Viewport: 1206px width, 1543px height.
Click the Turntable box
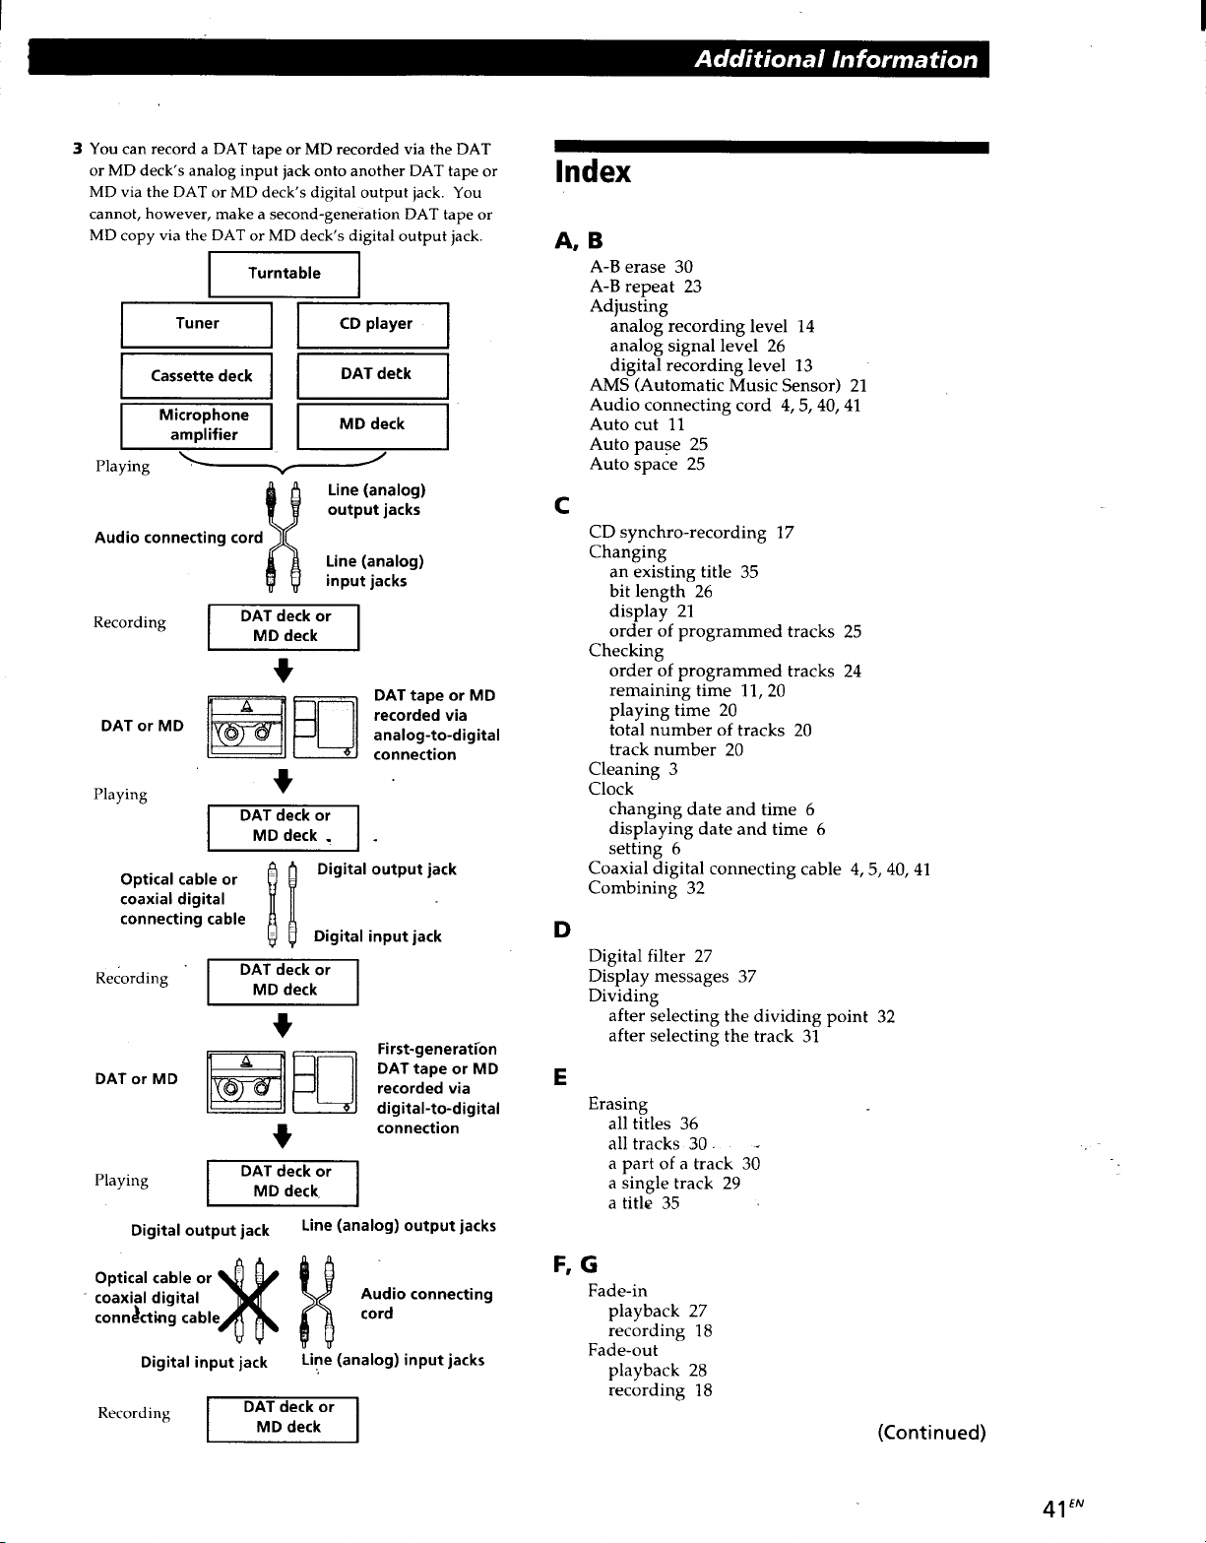coord(284,274)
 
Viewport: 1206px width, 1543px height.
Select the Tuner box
coord(197,325)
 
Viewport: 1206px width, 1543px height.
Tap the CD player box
coord(373,325)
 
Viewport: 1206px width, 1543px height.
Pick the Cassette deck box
coord(197,375)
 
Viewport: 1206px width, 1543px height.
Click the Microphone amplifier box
coord(197,426)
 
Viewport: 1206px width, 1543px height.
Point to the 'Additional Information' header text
coord(836,59)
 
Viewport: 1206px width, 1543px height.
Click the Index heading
coord(593,172)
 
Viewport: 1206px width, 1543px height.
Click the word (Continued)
coord(931,1433)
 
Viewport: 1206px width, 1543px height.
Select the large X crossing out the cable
coord(248,1302)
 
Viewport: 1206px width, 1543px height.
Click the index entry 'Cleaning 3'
coord(632,769)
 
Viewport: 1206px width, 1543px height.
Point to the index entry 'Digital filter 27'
coord(650,956)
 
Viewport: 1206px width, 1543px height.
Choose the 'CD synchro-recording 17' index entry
coord(691,533)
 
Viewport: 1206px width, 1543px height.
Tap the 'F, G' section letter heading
coord(575,1264)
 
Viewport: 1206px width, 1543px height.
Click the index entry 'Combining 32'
coord(646,888)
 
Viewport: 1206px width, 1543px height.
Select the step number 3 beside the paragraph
coord(78,149)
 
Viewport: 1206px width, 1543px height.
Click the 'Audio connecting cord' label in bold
coord(179,538)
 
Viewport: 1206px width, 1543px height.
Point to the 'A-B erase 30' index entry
coord(641,267)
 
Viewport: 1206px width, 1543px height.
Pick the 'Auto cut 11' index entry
coord(637,424)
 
